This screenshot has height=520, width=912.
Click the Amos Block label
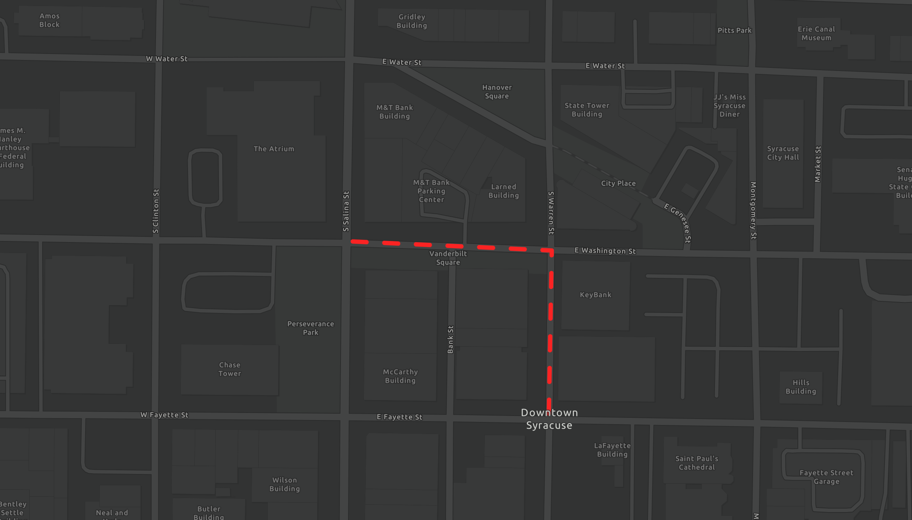point(49,20)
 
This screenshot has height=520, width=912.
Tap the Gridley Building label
point(412,21)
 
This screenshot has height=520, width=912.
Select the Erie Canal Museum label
point(816,34)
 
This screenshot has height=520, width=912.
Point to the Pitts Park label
point(734,31)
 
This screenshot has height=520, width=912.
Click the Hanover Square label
point(497,92)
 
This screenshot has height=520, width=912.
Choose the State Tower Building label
point(587,110)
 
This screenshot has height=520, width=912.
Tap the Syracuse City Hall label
point(783,153)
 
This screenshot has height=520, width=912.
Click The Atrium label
point(274,149)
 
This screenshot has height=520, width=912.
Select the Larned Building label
point(504,191)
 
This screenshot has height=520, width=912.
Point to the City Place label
point(618,184)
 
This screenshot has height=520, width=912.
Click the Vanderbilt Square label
point(448,258)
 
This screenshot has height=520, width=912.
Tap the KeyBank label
point(596,295)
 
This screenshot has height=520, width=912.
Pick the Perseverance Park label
point(310,328)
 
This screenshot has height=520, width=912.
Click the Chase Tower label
point(230,369)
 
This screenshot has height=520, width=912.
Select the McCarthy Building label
point(400,376)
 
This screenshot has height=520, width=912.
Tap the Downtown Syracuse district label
point(549,419)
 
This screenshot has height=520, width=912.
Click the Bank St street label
point(451,339)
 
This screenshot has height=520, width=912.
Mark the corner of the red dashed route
point(552,251)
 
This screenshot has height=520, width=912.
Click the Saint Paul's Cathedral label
point(697,463)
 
